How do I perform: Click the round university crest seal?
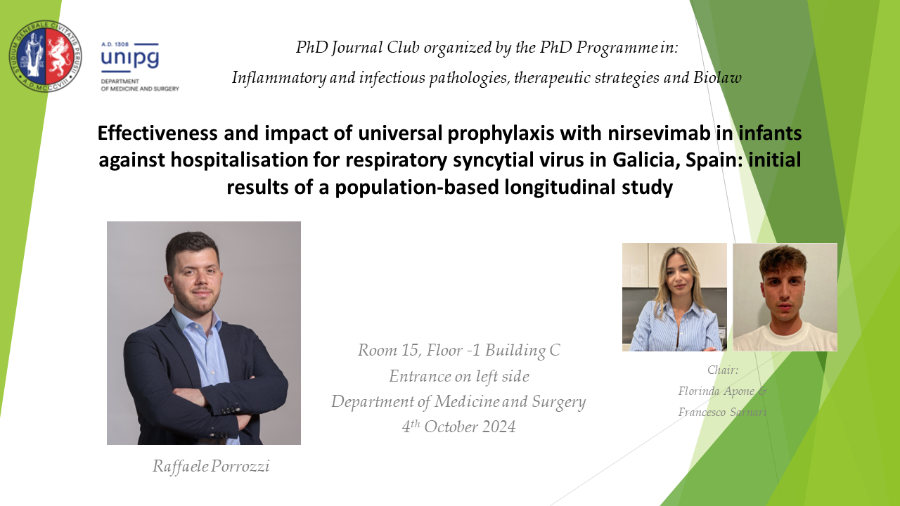pos(46,56)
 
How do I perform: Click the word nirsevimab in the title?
pos(659,133)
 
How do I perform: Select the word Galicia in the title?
pos(645,160)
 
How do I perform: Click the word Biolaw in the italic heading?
pos(718,77)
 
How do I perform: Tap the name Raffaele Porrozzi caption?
pos(211,466)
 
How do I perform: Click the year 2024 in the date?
pos(499,427)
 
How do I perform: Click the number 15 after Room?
pos(410,350)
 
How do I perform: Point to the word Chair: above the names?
pos(723,370)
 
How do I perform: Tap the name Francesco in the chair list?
pos(702,412)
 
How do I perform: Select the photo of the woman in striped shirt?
pos(674,297)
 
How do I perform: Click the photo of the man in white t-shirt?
pos(785,297)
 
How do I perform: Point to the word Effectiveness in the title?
pos(157,133)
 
